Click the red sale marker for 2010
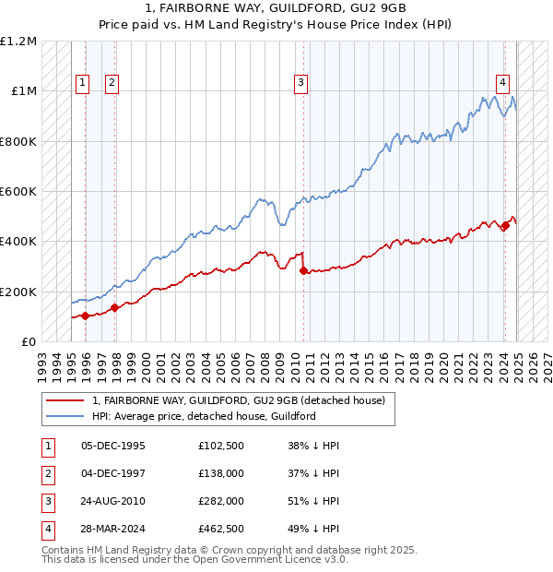pos(303,270)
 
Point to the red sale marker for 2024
pos(505,226)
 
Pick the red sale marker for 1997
pos(115,307)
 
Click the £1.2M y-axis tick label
pos(18,42)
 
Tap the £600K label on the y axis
pos(18,192)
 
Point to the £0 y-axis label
pos(28,341)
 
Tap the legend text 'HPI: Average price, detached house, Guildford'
pos(204,416)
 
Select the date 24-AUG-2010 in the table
pos(113,501)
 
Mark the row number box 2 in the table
pos(47,473)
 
